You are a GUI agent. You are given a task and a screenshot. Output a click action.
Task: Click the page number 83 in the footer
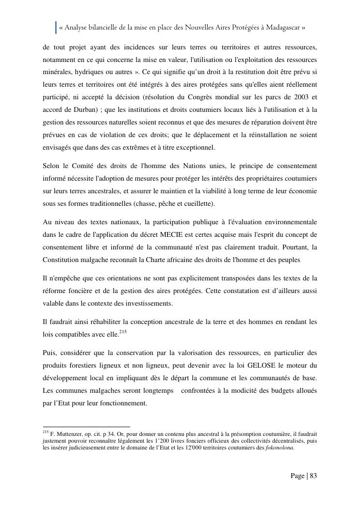313,476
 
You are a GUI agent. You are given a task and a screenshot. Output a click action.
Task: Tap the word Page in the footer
298,476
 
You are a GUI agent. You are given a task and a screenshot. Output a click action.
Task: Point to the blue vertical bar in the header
56,28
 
